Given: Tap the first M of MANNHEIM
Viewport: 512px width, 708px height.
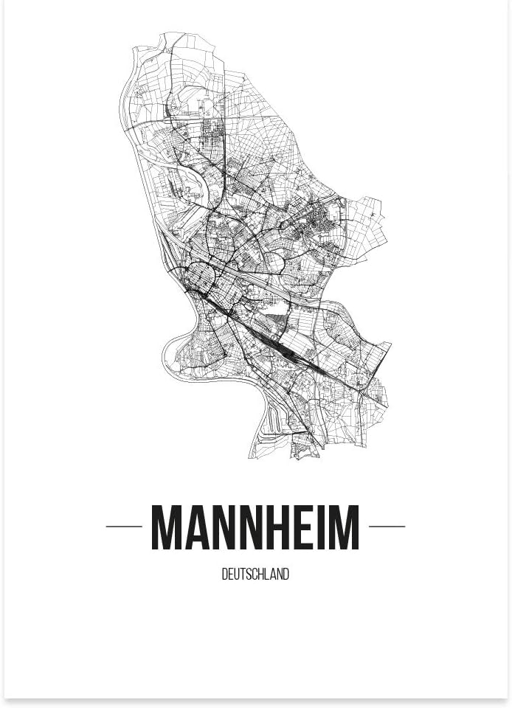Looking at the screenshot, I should click(x=167, y=527).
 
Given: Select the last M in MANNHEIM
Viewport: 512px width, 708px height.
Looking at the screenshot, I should click(x=343, y=527).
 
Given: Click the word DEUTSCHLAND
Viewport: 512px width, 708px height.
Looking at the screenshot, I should click(x=255, y=575).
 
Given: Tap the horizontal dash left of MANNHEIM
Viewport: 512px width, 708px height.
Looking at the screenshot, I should click(x=124, y=527).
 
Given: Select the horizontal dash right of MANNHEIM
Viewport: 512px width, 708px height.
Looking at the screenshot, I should click(x=387, y=527).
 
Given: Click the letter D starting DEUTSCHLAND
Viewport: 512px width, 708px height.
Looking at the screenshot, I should click(x=224, y=575).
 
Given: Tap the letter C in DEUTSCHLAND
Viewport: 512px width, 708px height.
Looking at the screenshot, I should click(x=256, y=575).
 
